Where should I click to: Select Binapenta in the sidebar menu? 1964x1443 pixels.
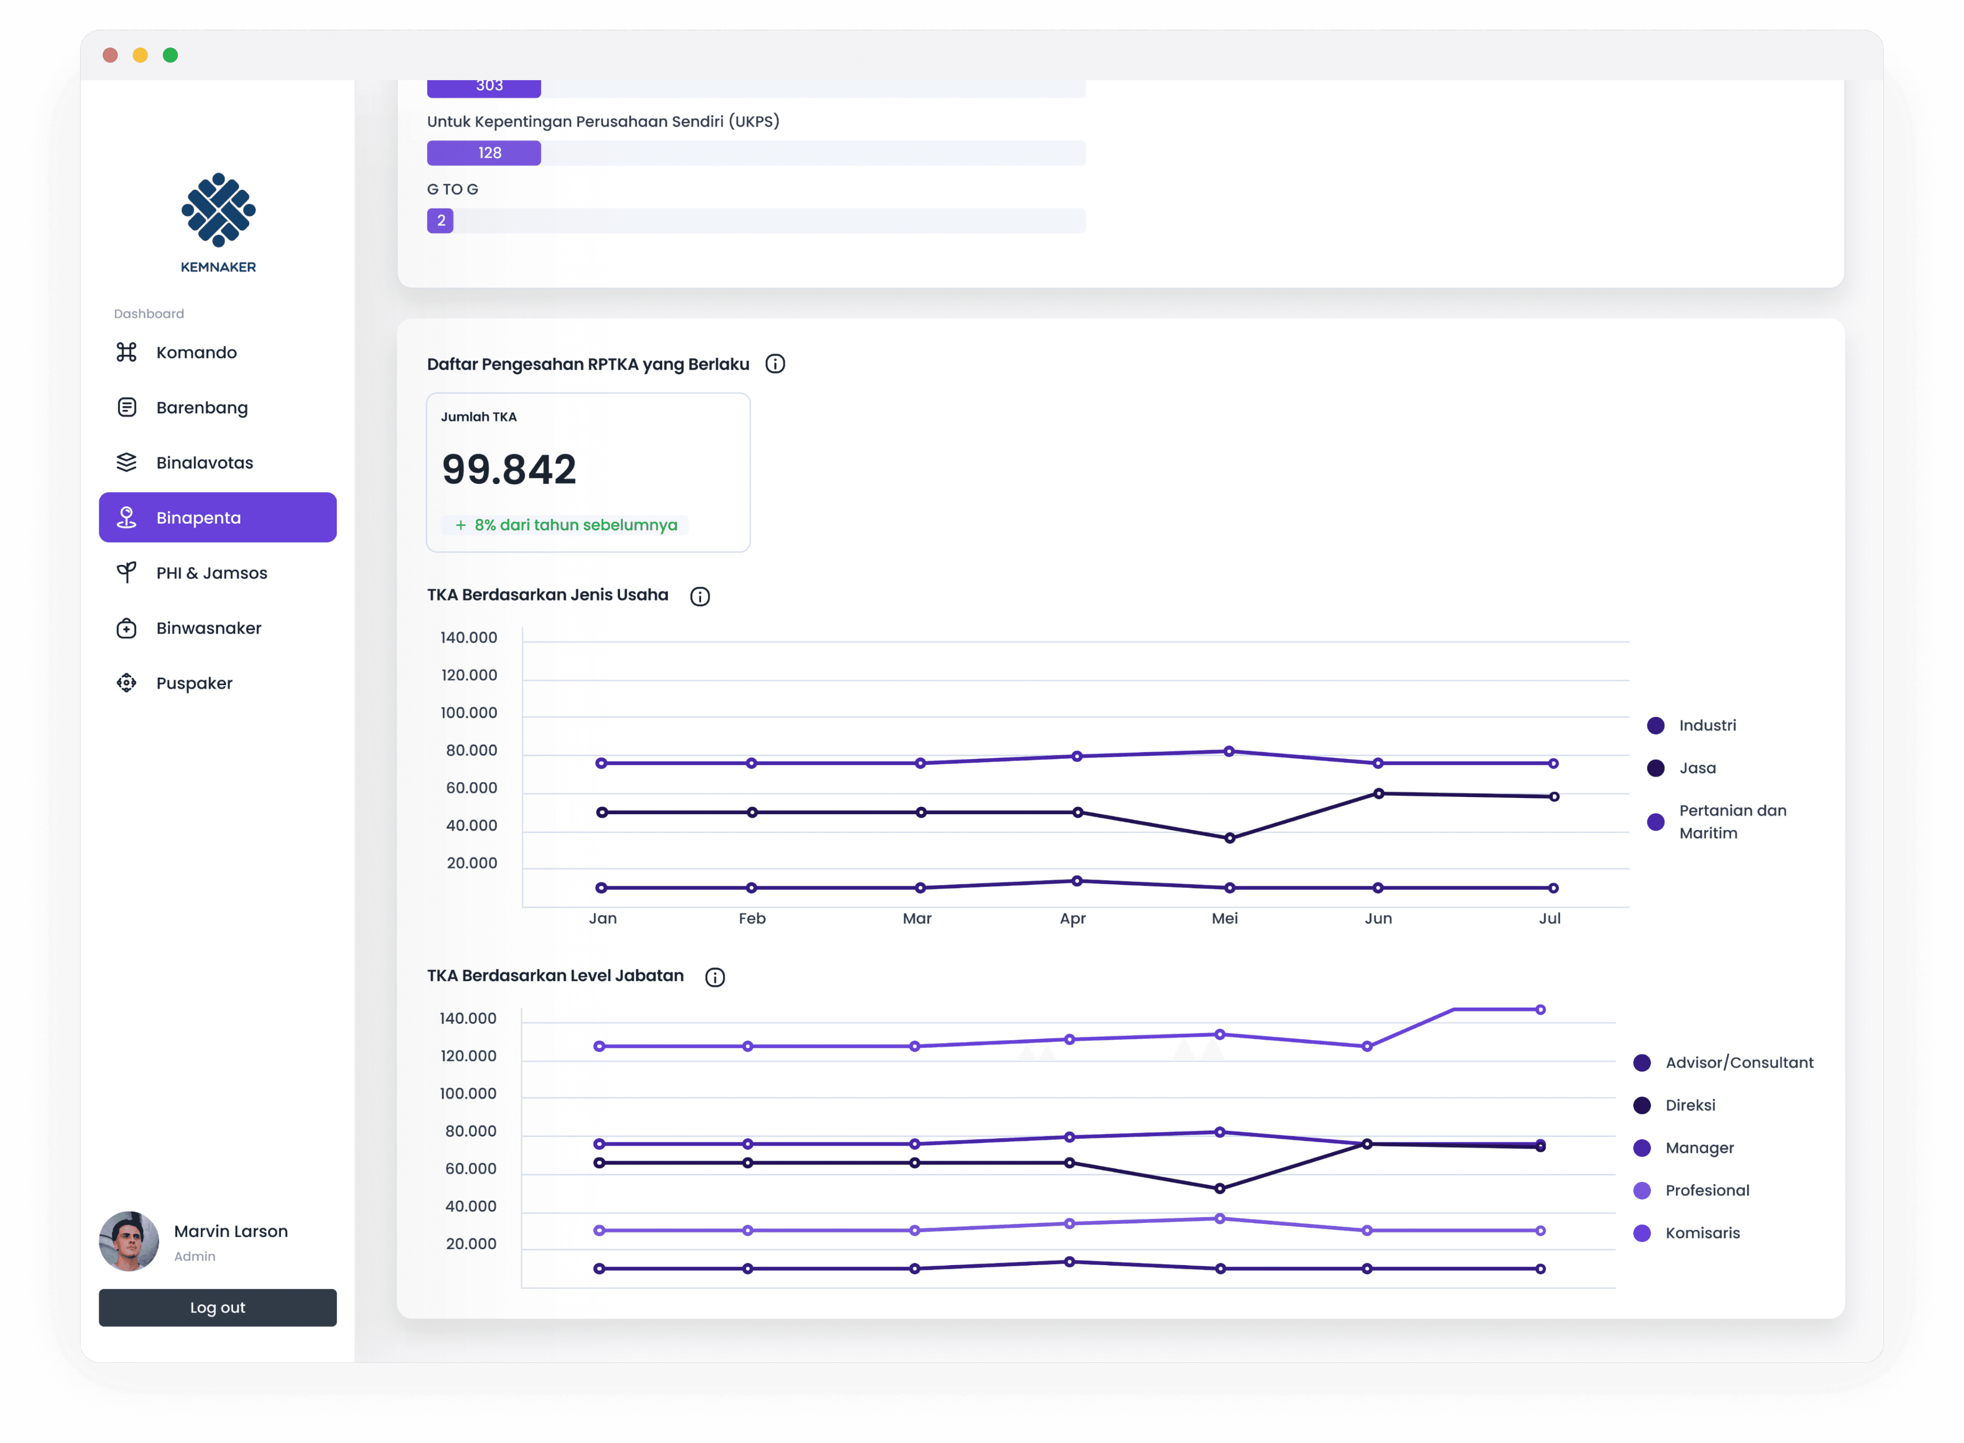217,517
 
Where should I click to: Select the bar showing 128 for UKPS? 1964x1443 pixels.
484,153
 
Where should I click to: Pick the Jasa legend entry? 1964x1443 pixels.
1682,768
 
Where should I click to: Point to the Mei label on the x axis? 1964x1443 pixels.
1224,918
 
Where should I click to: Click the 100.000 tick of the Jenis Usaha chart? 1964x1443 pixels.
469,713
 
